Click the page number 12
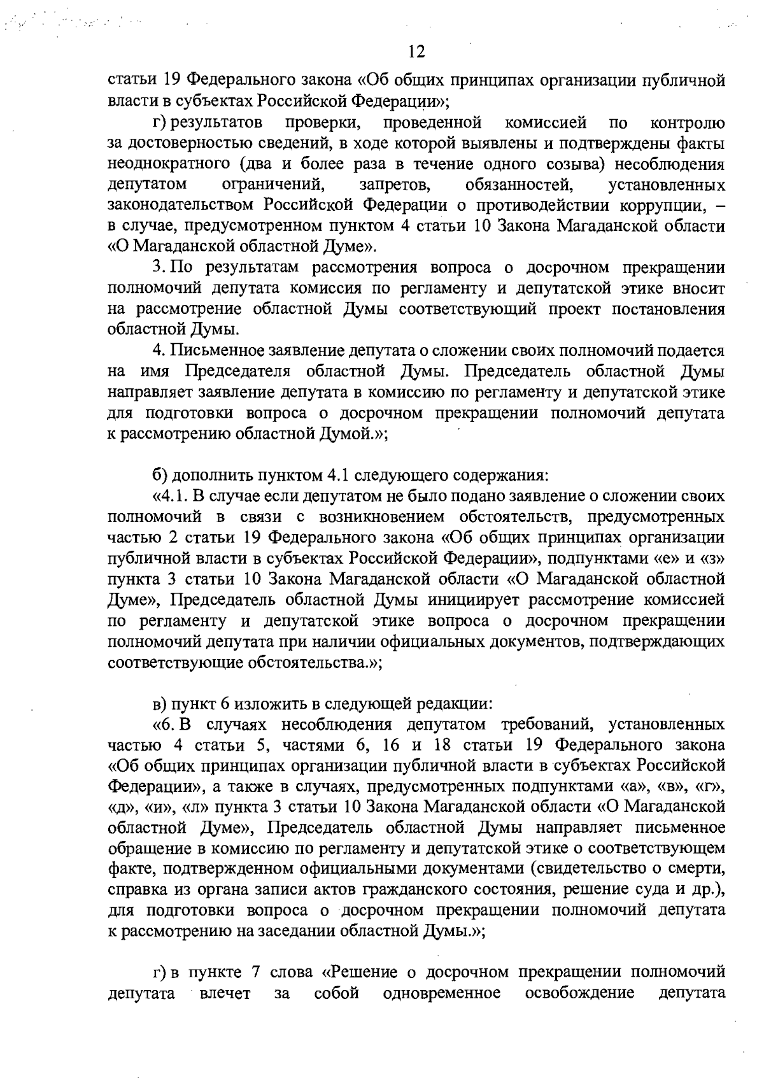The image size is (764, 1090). point(417,52)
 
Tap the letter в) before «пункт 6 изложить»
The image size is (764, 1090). point(160,704)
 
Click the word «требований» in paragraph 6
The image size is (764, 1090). point(547,725)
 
